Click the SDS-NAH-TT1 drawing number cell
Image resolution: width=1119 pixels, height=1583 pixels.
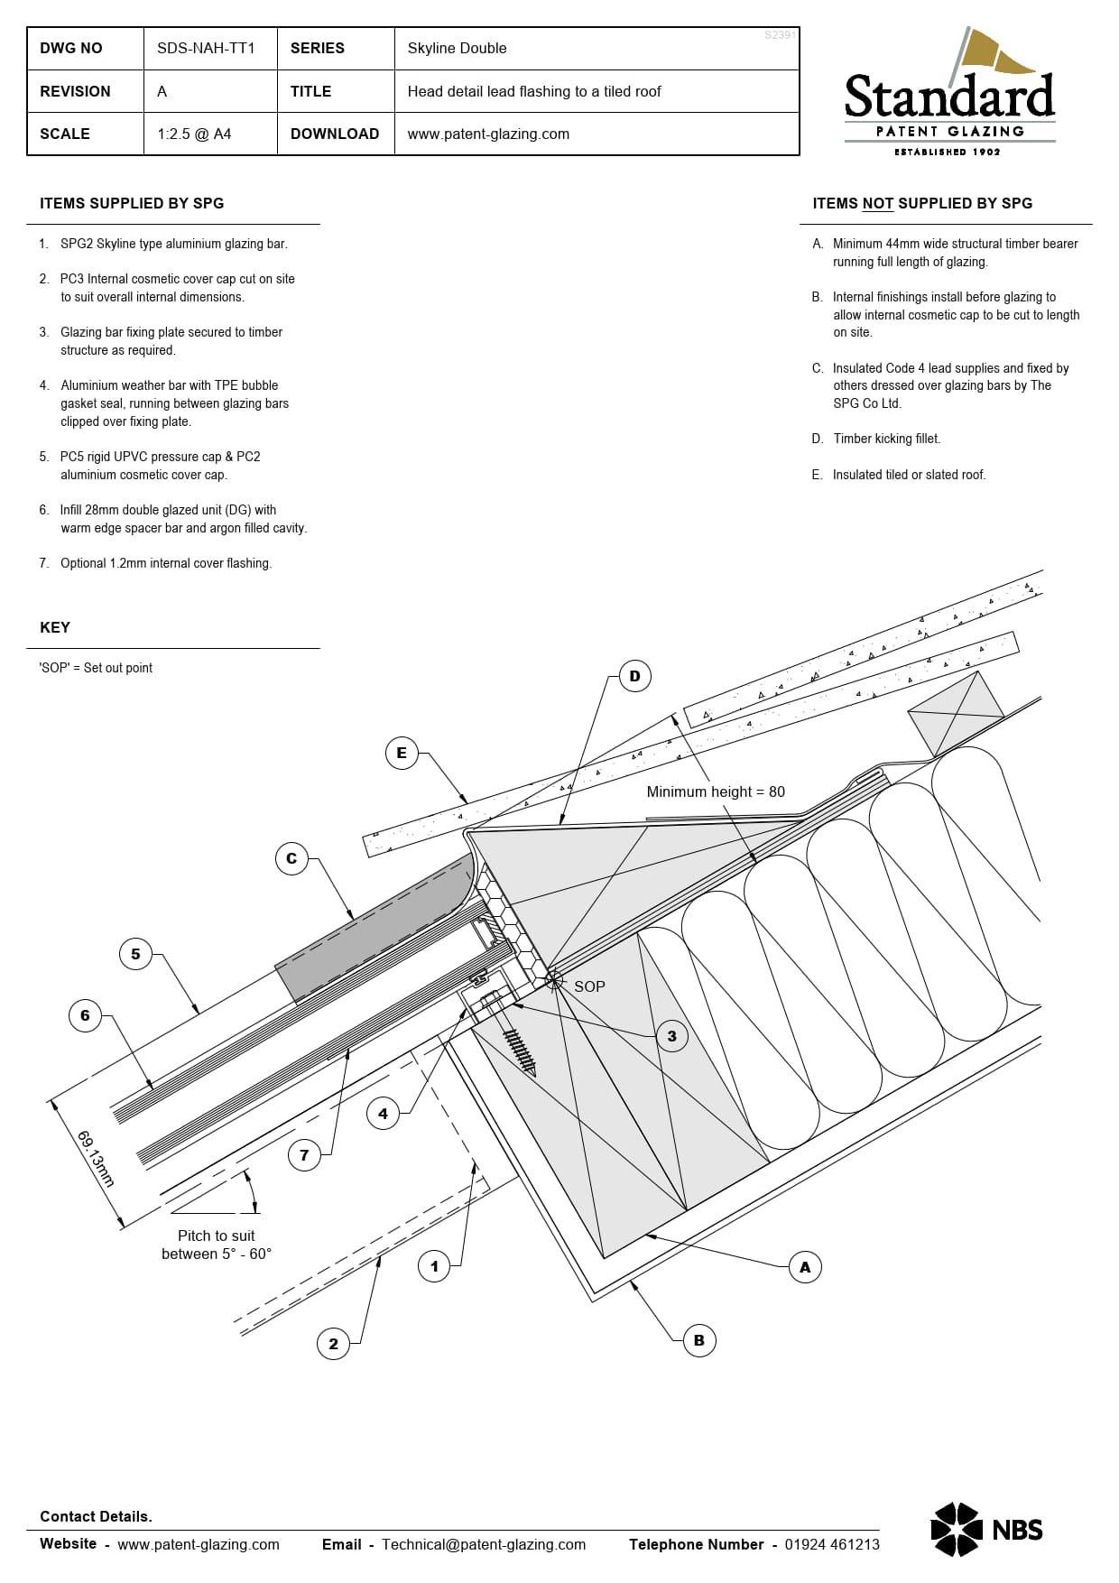point(206,48)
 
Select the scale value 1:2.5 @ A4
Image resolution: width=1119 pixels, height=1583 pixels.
point(194,134)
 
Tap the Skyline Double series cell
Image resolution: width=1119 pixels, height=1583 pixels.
point(457,48)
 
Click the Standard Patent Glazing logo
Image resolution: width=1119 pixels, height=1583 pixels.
point(949,95)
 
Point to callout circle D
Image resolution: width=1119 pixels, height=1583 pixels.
point(634,676)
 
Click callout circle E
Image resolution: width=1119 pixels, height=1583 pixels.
point(402,753)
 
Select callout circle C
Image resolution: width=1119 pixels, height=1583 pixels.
point(291,858)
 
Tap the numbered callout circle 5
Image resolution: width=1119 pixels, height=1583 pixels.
point(135,954)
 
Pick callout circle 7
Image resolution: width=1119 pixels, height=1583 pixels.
point(304,1154)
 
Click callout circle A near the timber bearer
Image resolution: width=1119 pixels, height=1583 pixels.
point(805,1267)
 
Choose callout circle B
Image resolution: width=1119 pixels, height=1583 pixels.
point(699,1340)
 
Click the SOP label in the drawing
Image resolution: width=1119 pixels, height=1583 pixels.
point(589,986)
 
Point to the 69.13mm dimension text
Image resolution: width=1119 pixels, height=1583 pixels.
point(96,1158)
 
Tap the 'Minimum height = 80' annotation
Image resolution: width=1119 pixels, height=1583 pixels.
point(716,791)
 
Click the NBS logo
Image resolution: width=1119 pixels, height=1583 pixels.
point(986,1530)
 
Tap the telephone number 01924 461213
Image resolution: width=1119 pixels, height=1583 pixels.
point(831,1544)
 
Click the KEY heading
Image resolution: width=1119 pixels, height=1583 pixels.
point(55,627)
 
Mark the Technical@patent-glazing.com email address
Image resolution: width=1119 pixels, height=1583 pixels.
point(484,1544)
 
